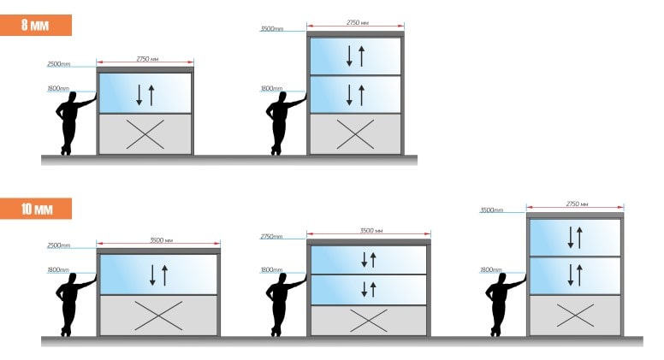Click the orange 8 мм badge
point(36,25)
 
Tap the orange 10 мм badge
point(36,209)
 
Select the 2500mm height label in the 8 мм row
point(59,64)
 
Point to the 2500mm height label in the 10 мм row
point(59,245)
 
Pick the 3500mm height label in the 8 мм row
point(272,29)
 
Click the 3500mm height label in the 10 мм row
point(492,210)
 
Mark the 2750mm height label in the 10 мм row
point(271,237)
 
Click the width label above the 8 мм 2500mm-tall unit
point(147,59)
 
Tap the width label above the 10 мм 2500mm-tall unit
point(162,240)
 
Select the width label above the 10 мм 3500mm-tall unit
point(577,204)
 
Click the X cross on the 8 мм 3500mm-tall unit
point(355,134)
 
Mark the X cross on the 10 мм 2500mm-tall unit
point(158,316)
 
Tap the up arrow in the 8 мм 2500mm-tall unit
point(151,95)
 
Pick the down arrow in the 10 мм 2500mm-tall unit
point(152,275)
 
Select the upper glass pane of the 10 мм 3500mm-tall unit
point(575,238)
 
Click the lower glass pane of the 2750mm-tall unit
point(369,290)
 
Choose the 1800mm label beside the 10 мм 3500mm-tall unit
point(491,269)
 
